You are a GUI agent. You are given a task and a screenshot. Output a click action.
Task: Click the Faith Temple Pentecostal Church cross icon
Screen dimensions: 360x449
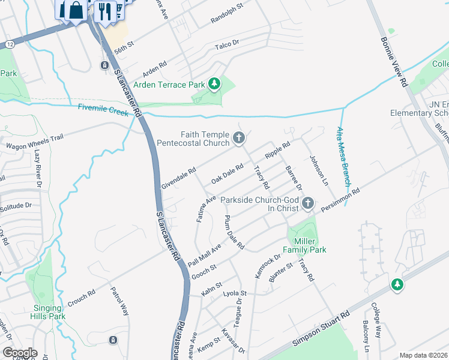(239, 139)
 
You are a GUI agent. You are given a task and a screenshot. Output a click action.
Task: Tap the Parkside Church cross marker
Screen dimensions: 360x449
(308, 203)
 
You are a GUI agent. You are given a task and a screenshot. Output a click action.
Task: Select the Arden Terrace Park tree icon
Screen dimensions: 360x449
(214, 85)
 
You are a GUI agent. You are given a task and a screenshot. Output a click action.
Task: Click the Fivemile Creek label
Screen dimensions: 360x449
(103, 109)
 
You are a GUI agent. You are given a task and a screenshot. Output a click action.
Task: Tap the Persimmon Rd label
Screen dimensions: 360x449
(340, 199)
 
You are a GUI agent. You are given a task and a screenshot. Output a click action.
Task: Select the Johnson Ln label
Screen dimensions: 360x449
(318, 170)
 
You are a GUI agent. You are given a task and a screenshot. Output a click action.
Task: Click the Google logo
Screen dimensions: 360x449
(20, 353)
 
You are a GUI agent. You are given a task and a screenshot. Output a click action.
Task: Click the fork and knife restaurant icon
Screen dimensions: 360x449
(106, 11)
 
